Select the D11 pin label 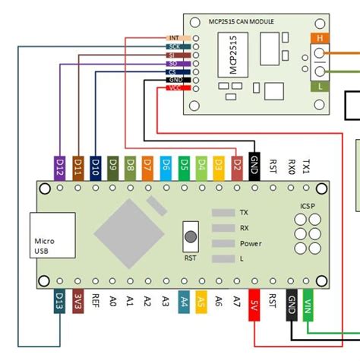click(78, 166)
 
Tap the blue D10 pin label click(96, 166)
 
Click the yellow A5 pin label click(201, 302)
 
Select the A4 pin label click(184, 302)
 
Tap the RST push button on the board click(191, 236)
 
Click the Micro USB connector click(51, 236)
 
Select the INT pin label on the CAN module click(174, 37)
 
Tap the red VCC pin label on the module click(174, 89)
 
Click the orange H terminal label click(319, 37)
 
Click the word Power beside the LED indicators click(251, 244)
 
